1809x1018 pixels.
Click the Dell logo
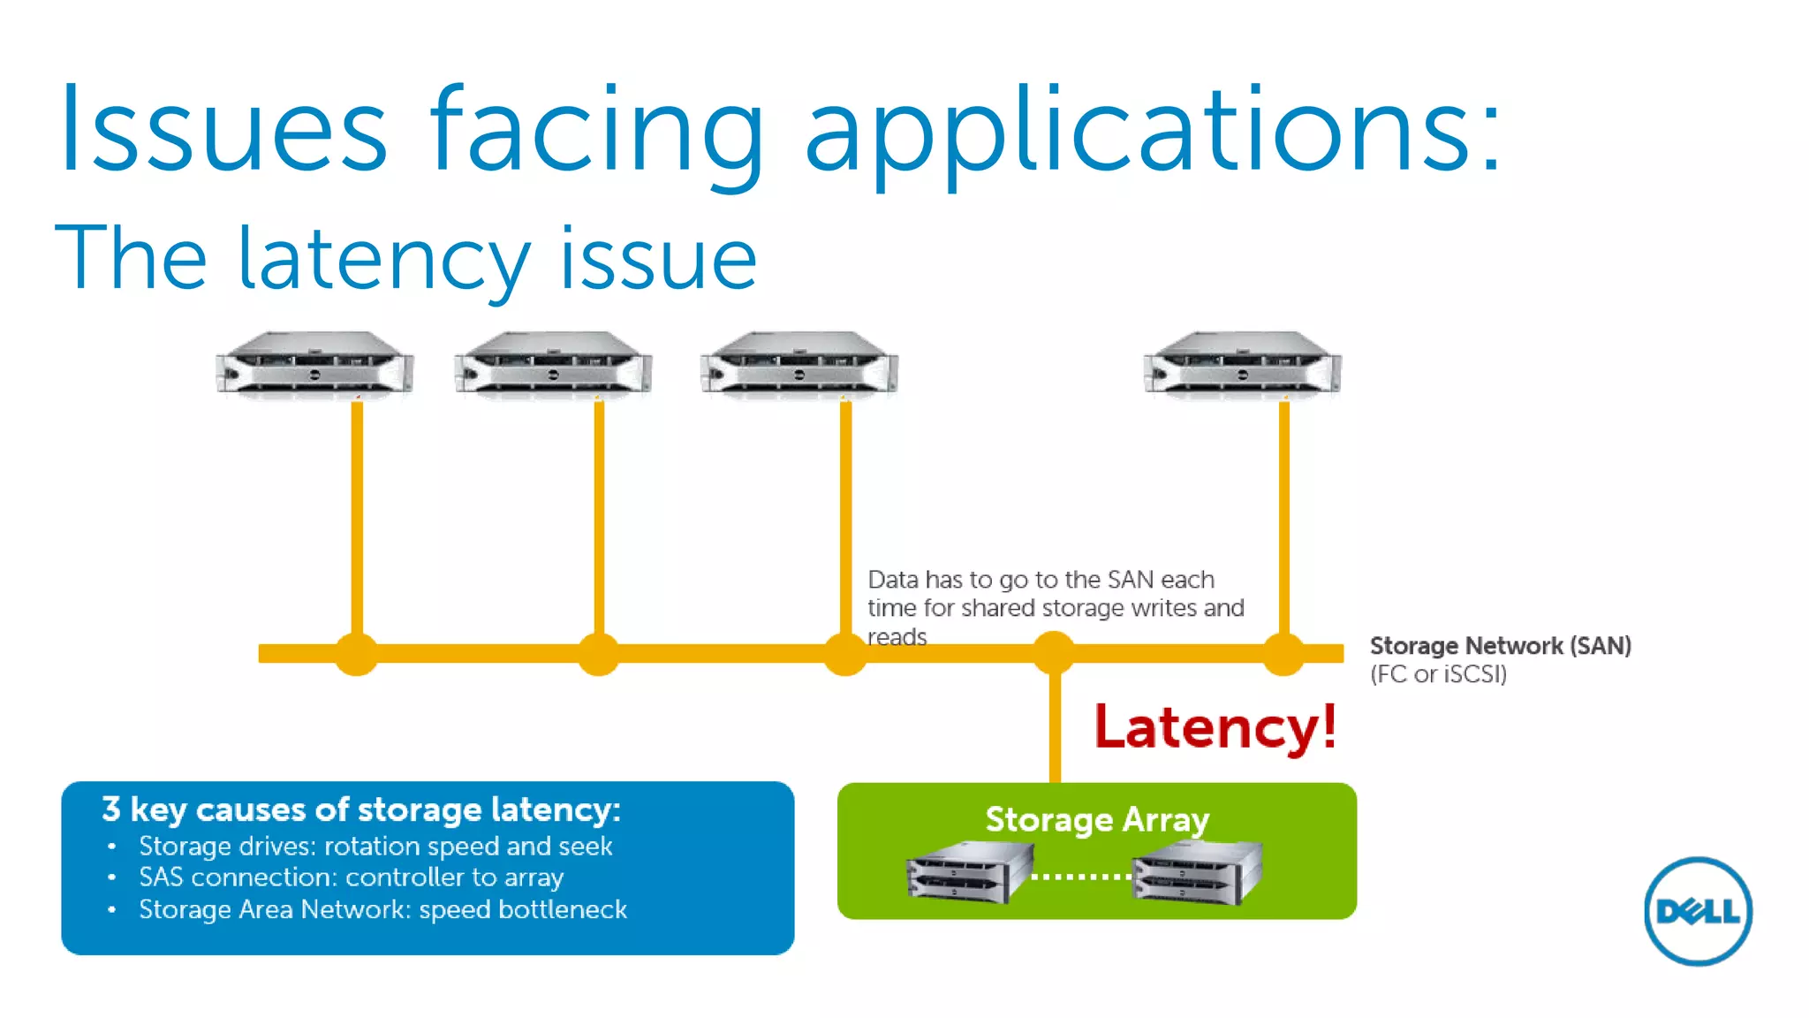(x=1697, y=911)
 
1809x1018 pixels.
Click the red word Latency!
(x=1215, y=727)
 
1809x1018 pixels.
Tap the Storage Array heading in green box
(x=1096, y=819)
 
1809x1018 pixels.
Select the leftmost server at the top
(x=314, y=364)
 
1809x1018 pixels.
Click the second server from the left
(x=553, y=364)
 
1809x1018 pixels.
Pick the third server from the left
(x=799, y=364)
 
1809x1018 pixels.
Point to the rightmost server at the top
(x=1242, y=364)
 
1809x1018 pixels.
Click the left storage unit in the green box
(x=969, y=873)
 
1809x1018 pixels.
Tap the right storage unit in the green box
(x=1198, y=873)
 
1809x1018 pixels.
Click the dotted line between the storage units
(x=1081, y=877)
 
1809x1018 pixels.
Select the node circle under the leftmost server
(x=357, y=654)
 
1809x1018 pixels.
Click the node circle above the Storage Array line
(x=1054, y=654)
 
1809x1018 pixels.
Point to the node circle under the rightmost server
(x=1283, y=654)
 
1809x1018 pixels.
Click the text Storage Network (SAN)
(x=1500, y=646)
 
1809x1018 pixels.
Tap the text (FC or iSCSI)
(x=1438, y=674)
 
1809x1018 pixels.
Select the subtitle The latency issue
(x=406, y=258)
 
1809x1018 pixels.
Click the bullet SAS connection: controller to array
(x=351, y=877)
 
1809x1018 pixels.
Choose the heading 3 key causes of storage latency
(x=360, y=809)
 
